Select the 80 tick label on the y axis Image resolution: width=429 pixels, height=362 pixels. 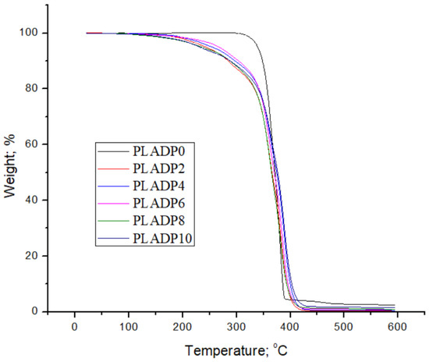point(33,88)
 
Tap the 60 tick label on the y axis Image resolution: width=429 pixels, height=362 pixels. point(33,144)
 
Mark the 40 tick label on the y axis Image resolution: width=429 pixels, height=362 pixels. point(33,200)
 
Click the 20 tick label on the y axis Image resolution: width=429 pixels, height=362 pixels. point(33,256)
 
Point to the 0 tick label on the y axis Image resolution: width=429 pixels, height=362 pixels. point(36,311)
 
